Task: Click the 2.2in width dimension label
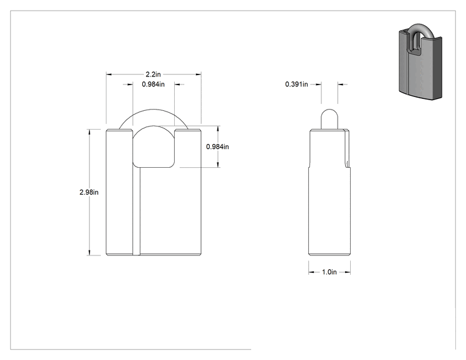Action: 153,75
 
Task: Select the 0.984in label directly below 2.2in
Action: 153,85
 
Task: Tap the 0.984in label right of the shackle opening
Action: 217,147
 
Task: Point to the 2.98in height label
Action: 89,192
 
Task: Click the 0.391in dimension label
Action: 297,85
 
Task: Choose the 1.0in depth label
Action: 329,272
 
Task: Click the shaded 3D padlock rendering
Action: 420,61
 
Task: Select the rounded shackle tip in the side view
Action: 329,119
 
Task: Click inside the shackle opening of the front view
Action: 153,148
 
